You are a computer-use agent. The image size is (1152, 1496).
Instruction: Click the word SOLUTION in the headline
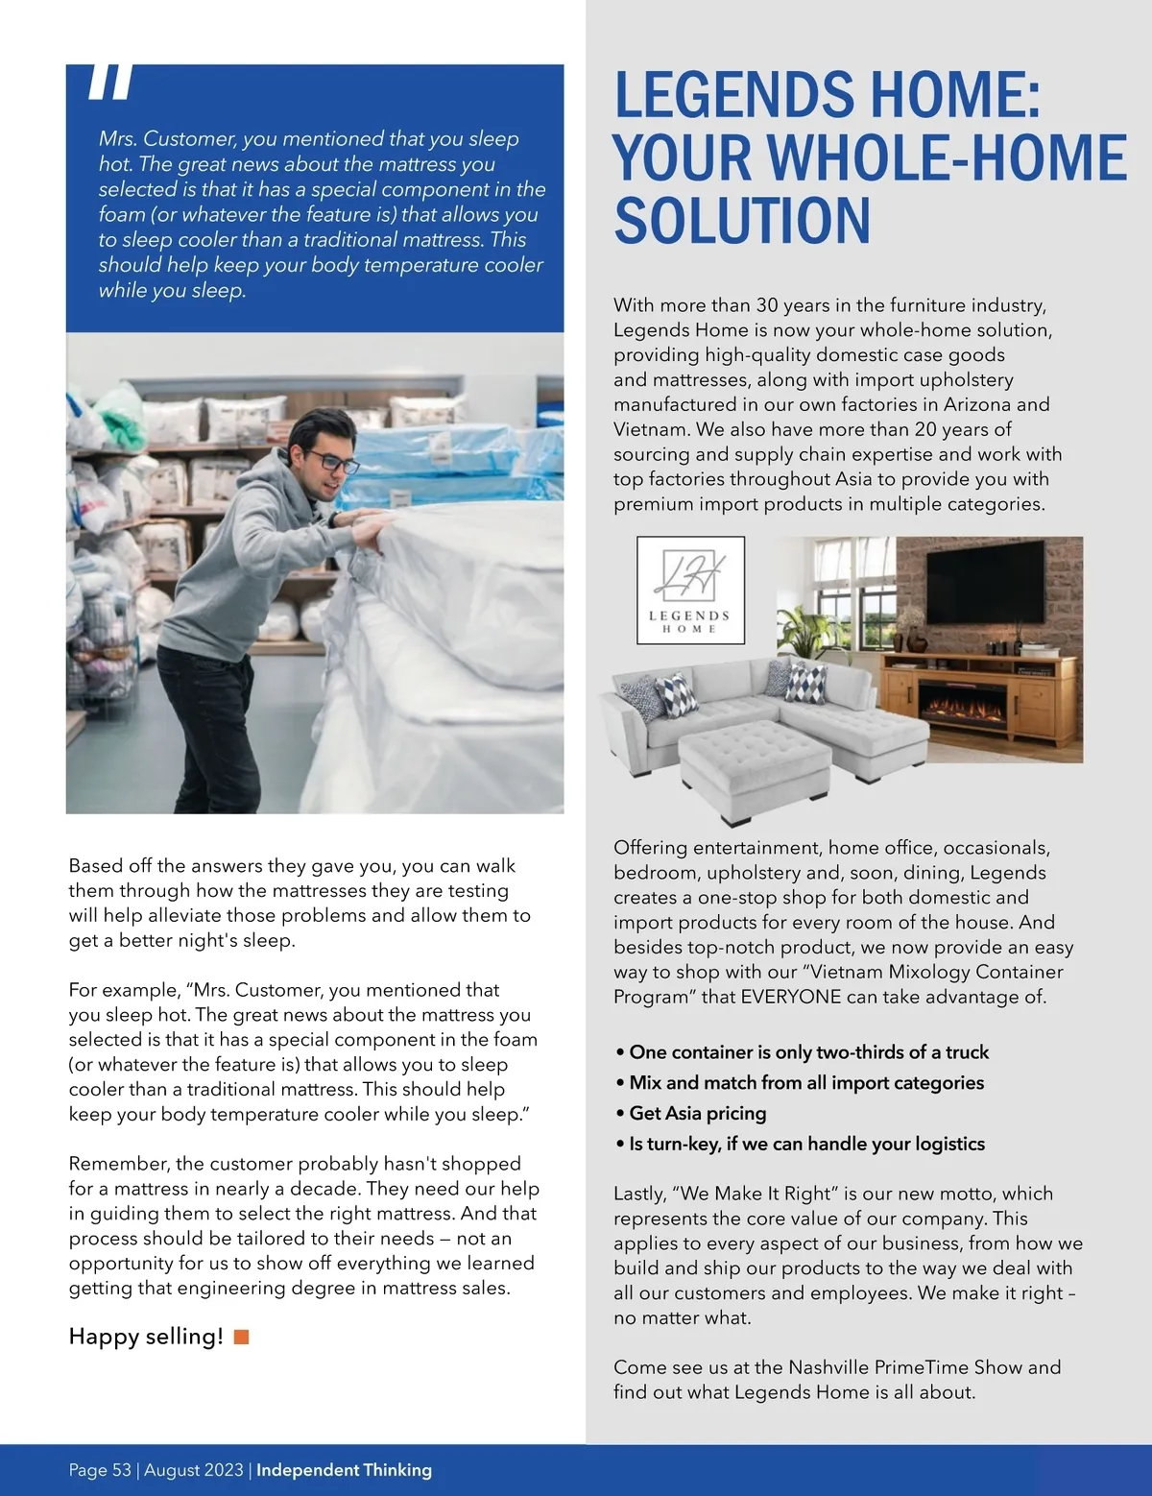pos(742,220)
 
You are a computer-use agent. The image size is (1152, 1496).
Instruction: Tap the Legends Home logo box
pos(690,590)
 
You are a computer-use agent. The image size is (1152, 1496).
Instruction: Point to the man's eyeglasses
pos(333,463)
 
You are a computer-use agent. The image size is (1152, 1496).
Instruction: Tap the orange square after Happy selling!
pos(242,1337)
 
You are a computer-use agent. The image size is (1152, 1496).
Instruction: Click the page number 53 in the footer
pos(121,1470)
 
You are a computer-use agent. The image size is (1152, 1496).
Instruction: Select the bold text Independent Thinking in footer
pos(344,1470)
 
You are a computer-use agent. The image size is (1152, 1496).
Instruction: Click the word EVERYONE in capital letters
pos(791,997)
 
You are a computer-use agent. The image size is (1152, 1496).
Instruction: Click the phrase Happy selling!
pos(146,1337)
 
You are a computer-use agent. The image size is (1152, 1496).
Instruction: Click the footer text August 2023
pos(194,1470)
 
